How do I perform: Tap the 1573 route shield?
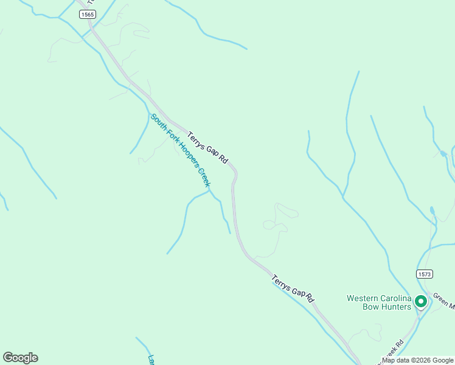(425, 274)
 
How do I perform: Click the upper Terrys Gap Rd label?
(207, 148)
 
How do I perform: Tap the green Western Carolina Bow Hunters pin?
(420, 301)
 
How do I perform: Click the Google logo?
(20, 358)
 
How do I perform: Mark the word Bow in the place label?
(371, 307)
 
